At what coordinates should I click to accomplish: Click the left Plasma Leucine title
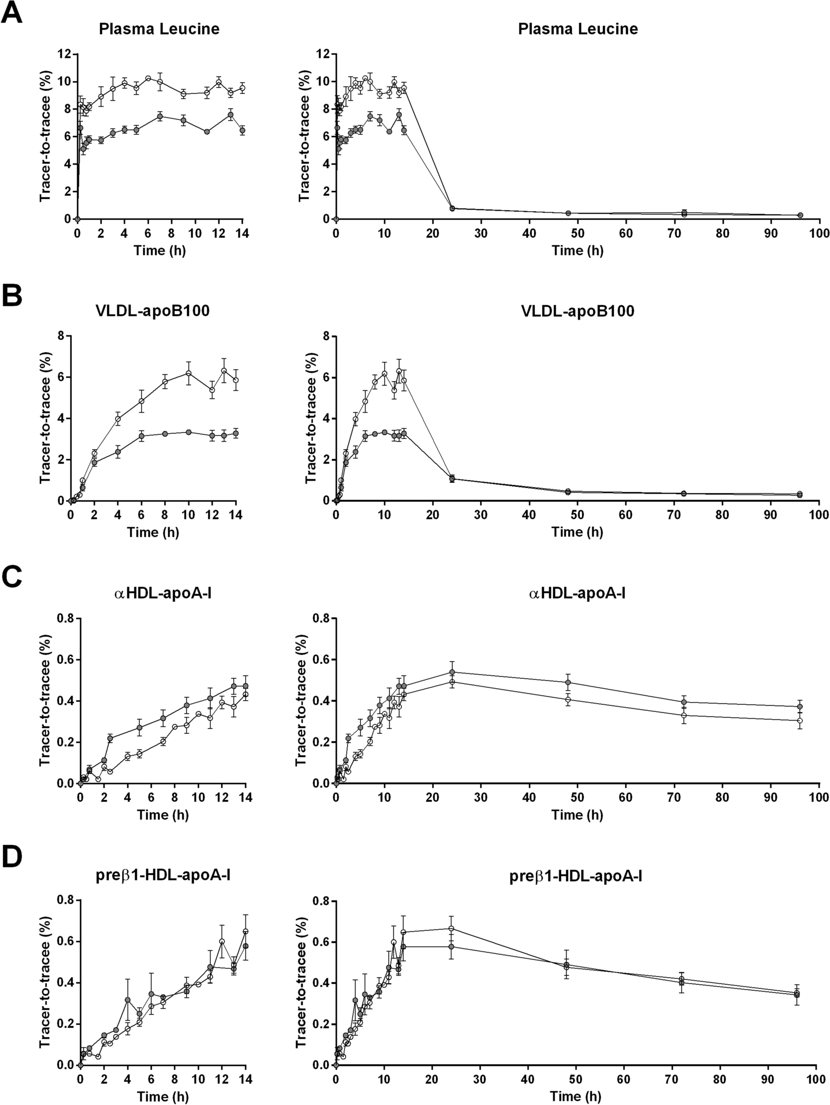click(159, 29)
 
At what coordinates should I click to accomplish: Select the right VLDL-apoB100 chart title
click(577, 311)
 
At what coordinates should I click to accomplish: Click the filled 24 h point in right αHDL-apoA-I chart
click(452, 672)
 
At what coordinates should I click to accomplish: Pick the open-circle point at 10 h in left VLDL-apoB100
click(188, 373)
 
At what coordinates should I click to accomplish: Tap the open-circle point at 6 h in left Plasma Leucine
click(148, 79)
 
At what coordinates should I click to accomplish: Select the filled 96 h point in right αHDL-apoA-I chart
click(800, 706)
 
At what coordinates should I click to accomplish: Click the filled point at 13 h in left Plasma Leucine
click(230, 115)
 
